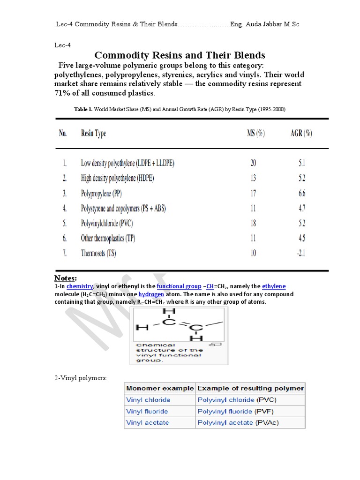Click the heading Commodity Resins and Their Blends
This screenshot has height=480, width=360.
pyautogui.click(x=180, y=55)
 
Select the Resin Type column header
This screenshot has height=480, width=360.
pyautogui.click(x=93, y=134)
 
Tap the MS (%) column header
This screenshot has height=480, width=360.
pyautogui.click(x=255, y=133)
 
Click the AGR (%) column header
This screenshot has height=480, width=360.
pyautogui.click(x=301, y=133)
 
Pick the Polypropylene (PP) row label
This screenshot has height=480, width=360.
pyautogui.click(x=101, y=193)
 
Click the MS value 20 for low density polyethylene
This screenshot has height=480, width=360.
pyautogui.click(x=253, y=163)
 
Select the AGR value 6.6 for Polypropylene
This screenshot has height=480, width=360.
pyautogui.click(x=301, y=193)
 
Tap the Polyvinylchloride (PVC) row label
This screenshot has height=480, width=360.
pyautogui.click(x=107, y=223)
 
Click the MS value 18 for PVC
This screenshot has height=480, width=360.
pyautogui.click(x=253, y=223)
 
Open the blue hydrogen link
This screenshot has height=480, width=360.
pyautogui.click(x=151, y=294)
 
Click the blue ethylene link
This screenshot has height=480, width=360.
pyautogui.click(x=274, y=286)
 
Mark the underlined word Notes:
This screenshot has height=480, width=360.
pyautogui.click(x=65, y=278)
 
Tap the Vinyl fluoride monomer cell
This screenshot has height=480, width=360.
pyautogui.click(x=147, y=412)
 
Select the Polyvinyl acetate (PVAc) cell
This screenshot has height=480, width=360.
pyautogui.click(x=237, y=423)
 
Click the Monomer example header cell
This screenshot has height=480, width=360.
pyautogui.click(x=159, y=388)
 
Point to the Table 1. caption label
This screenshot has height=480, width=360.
pyautogui.click(x=83, y=109)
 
